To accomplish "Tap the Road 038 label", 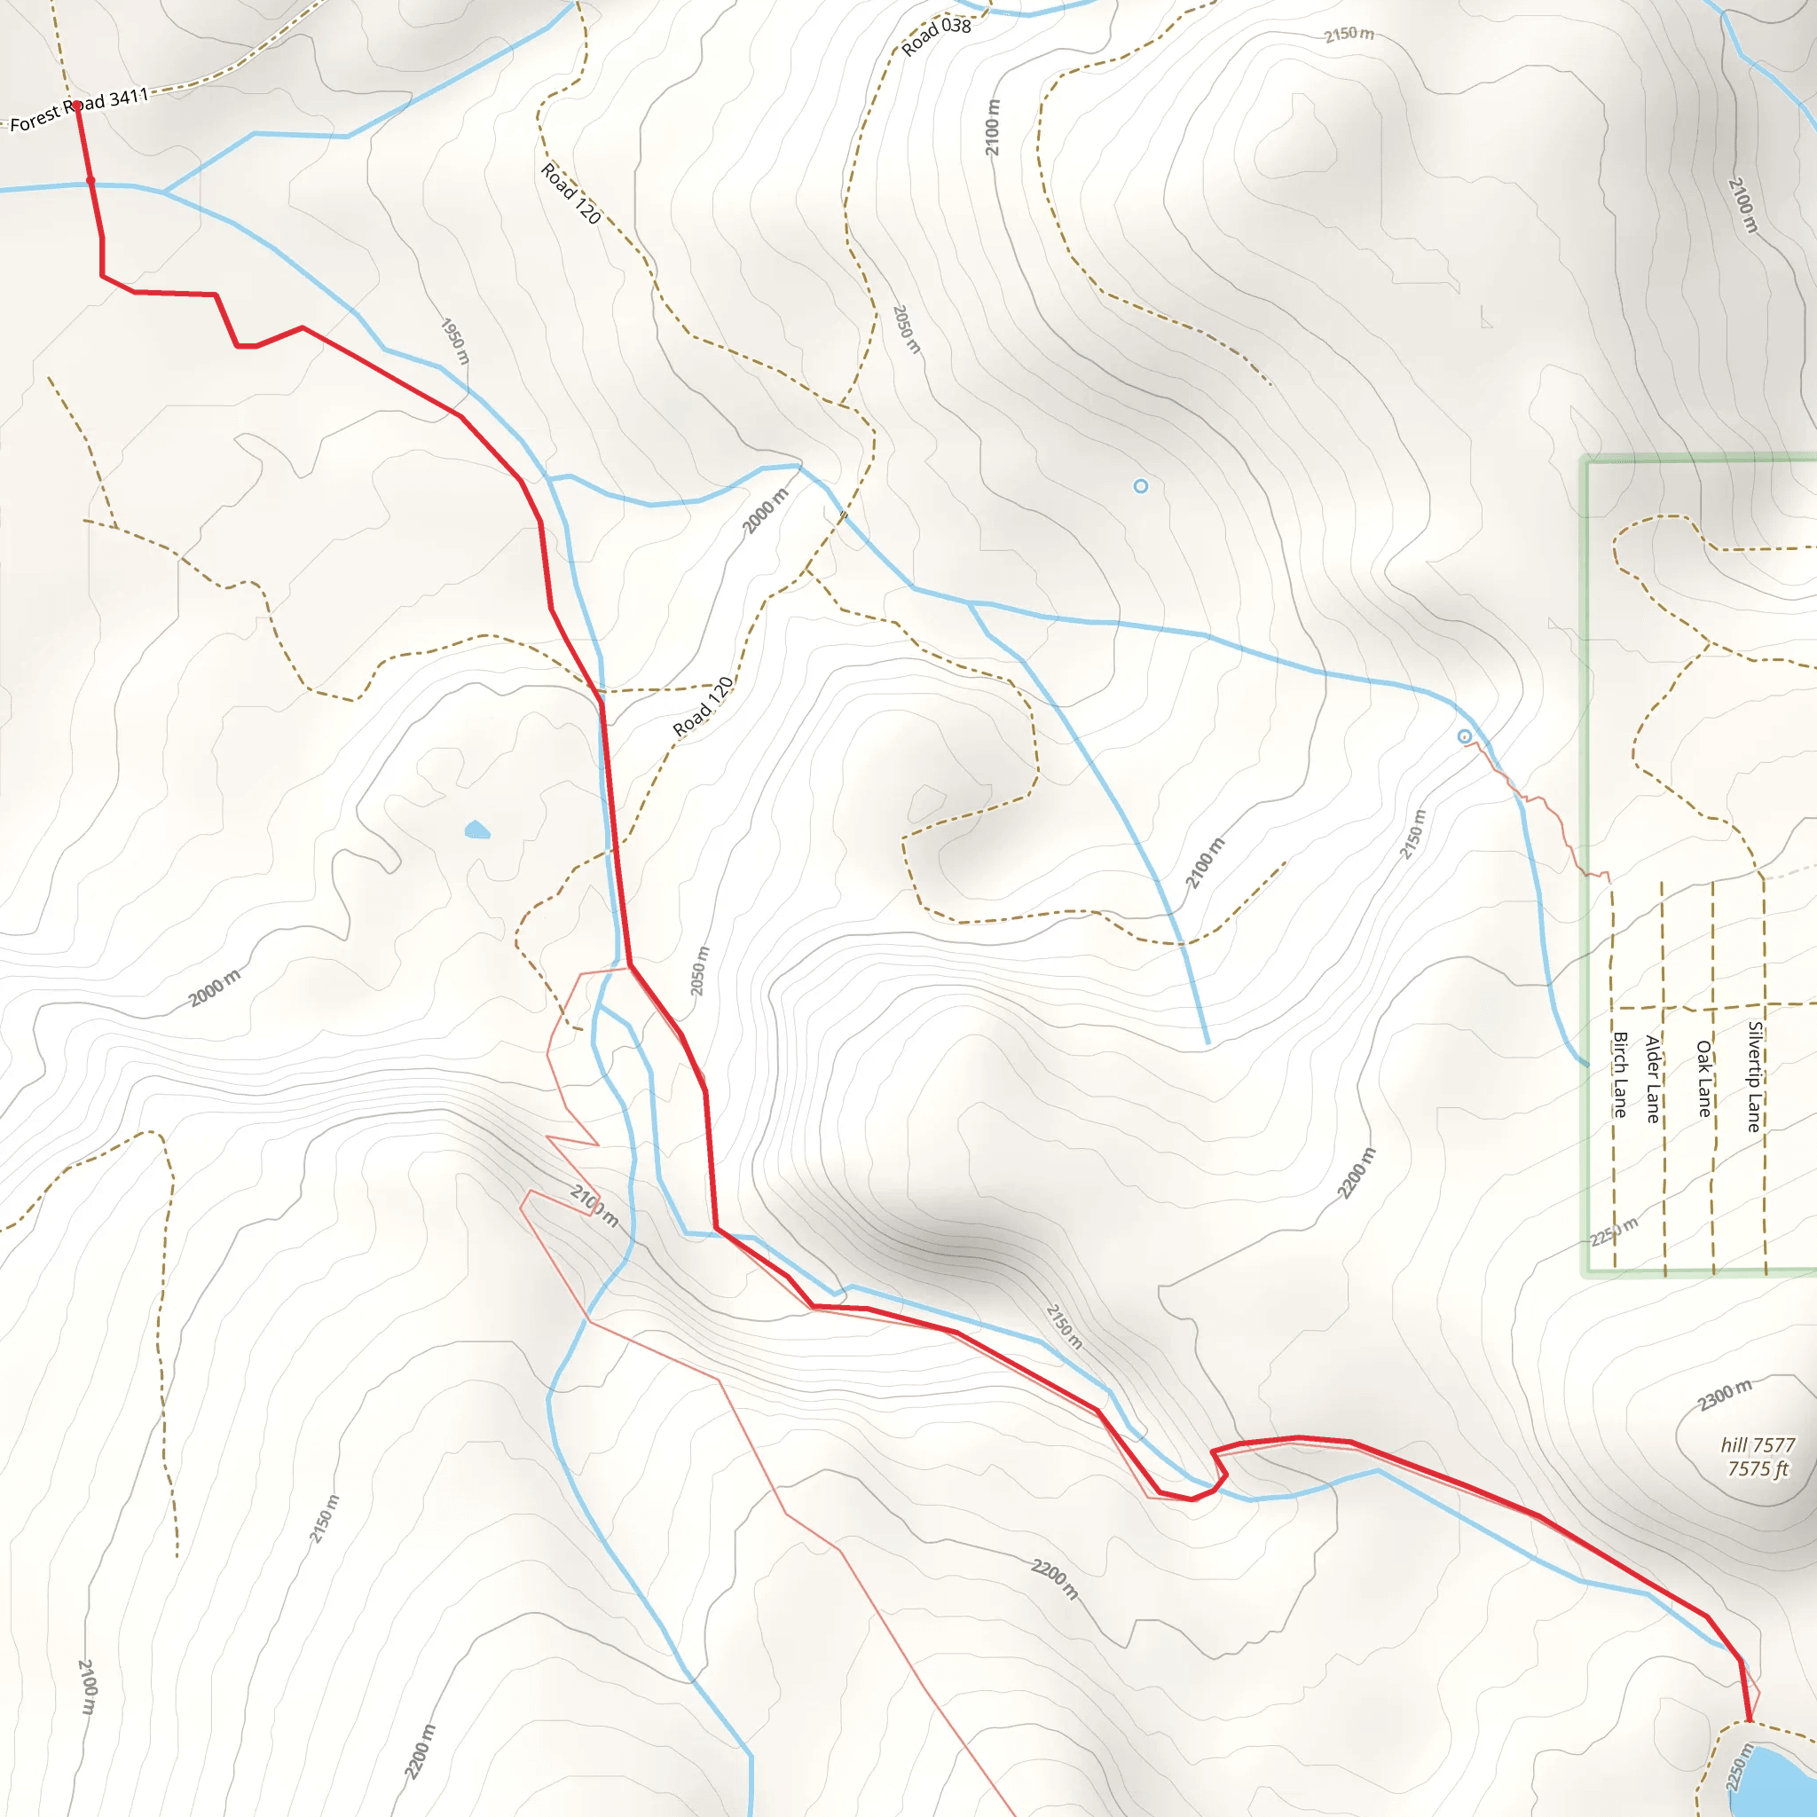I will [x=936, y=36].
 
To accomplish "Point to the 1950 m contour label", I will [x=455, y=342].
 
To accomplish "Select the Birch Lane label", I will [x=1620, y=1074].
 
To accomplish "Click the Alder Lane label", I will [x=1652, y=1079].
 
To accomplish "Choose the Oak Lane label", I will [x=1703, y=1078].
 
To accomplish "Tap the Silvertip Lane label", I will [x=1755, y=1076].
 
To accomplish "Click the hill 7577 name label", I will [x=1758, y=1444].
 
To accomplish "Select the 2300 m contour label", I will [x=1726, y=1394].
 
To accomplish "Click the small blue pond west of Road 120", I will [x=476, y=830].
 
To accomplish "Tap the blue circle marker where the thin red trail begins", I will [x=1464, y=736].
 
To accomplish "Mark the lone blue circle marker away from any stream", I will [x=1141, y=486].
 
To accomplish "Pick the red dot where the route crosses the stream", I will [x=90, y=179].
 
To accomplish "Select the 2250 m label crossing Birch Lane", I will [x=1614, y=1231].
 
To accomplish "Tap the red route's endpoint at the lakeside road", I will [x=1750, y=1720].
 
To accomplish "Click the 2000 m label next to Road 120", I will [x=766, y=511].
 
